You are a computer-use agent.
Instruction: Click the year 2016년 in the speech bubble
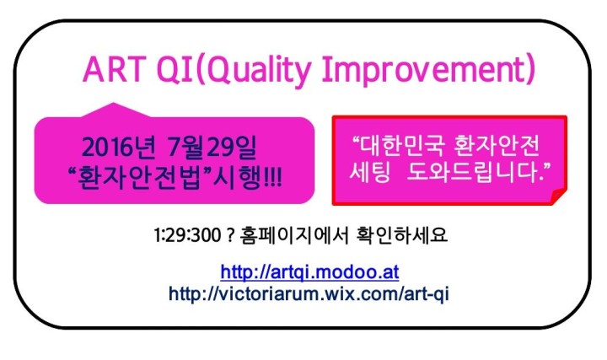click(119, 147)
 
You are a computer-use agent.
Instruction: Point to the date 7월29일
click(212, 147)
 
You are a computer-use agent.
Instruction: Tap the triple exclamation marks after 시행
click(273, 178)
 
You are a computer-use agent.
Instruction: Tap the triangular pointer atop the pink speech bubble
click(115, 110)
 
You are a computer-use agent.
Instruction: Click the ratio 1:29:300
click(187, 235)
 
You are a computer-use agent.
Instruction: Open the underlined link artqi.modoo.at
click(309, 272)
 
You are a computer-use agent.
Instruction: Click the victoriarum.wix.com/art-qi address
click(309, 293)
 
